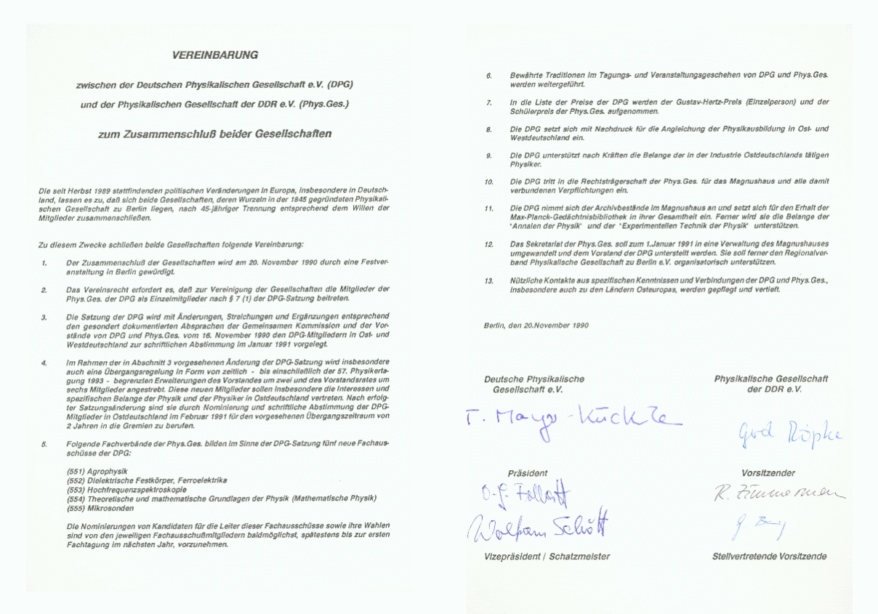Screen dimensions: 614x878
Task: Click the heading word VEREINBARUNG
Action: pyautogui.click(x=215, y=55)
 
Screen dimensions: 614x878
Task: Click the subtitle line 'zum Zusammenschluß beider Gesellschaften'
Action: pyautogui.click(x=215, y=134)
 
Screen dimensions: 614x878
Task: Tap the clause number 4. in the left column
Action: pyautogui.click(x=44, y=362)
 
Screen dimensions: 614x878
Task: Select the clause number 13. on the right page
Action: pyautogui.click(x=489, y=280)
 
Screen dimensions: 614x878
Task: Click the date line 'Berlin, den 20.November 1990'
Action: pyautogui.click(x=536, y=326)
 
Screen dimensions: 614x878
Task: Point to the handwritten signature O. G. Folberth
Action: pyautogui.click(x=525, y=497)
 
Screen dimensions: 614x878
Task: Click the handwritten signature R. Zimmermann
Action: pyautogui.click(x=770, y=496)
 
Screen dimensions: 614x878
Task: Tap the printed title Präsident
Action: pyautogui.click(x=528, y=473)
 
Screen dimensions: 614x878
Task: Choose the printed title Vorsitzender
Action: pyautogui.click(x=768, y=473)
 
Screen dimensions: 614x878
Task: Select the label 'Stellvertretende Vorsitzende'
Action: pyautogui.click(x=770, y=557)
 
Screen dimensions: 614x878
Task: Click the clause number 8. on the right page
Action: pyautogui.click(x=489, y=129)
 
